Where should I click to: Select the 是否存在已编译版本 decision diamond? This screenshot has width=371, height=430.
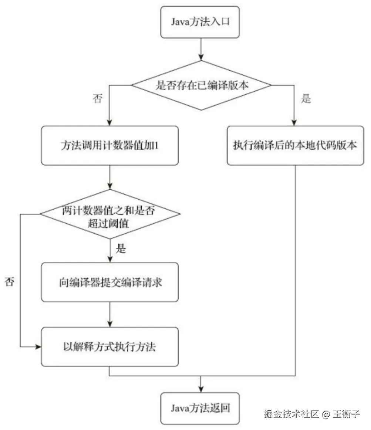pos(201,85)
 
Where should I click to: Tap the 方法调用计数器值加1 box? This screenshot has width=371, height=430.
pos(109,145)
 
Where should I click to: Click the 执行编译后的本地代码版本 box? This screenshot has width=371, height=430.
pos(295,145)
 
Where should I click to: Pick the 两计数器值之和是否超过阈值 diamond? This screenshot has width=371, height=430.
pos(109,214)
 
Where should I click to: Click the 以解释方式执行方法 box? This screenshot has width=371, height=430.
pos(109,347)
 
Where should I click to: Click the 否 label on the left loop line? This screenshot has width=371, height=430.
pos(10,282)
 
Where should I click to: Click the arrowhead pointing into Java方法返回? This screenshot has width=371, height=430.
pos(201,389)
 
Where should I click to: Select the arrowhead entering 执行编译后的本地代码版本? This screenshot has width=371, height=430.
pos(295,123)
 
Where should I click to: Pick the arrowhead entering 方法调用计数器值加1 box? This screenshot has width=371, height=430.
pos(109,123)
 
